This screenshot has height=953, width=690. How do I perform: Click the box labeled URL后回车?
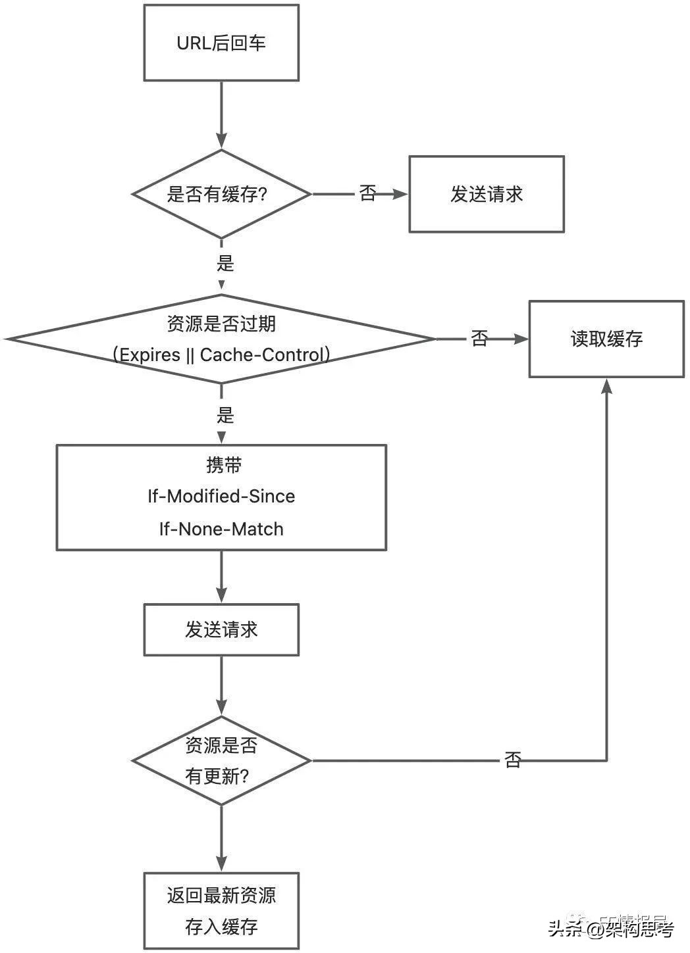(221, 43)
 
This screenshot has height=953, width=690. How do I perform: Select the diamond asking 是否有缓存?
(221, 194)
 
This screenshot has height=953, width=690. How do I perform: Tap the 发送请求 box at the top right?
(486, 194)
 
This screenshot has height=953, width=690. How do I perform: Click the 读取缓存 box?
(606, 339)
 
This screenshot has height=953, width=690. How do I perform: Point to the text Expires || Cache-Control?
(221, 355)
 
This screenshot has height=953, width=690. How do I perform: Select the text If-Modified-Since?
(221, 496)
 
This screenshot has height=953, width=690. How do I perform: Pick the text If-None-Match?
(221, 529)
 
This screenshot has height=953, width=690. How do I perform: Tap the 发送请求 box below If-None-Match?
(221, 630)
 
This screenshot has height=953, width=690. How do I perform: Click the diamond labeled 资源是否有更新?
(221, 761)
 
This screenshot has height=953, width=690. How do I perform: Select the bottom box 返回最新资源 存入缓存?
(221, 911)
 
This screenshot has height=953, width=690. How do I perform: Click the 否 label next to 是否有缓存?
(367, 194)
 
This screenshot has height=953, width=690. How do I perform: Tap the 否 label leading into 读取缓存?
(479, 339)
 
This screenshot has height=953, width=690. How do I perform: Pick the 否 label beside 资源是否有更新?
(513, 760)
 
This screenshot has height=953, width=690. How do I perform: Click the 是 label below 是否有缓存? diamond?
(225, 264)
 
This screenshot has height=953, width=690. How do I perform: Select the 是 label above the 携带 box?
(225, 416)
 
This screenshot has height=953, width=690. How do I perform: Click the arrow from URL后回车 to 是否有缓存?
(221, 115)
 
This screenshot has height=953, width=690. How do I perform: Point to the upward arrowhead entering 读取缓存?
(606, 387)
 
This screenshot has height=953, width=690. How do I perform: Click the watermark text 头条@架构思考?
(612, 929)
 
